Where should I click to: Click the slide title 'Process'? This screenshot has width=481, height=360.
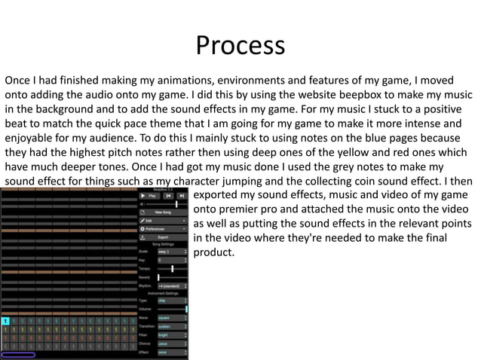[x=240, y=46]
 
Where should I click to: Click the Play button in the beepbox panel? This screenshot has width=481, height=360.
[x=149, y=195]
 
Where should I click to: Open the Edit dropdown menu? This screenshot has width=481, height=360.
[x=162, y=221]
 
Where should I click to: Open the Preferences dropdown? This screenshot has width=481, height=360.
[x=162, y=229]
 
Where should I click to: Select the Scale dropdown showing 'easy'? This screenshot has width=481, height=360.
[x=172, y=252]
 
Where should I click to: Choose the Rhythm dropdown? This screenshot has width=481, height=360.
[x=172, y=285]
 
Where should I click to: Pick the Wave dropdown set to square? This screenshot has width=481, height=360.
[x=172, y=318]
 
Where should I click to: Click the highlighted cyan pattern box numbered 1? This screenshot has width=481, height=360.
[x=5, y=322]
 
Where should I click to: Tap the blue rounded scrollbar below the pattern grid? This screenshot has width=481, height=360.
[x=18, y=354]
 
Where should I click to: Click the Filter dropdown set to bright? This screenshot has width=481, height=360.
[x=172, y=334]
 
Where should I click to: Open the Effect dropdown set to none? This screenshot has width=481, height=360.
[x=172, y=351]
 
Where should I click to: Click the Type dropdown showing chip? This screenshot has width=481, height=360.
[x=172, y=300]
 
